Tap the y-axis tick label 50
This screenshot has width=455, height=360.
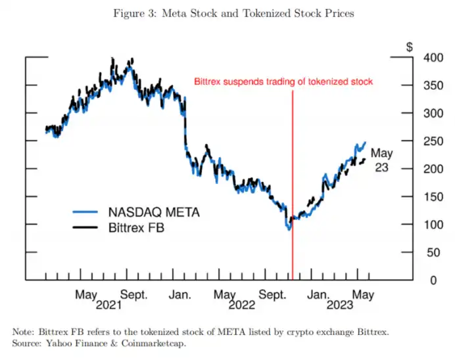432,253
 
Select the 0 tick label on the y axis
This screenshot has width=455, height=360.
435,281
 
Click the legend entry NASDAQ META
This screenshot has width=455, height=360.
153,212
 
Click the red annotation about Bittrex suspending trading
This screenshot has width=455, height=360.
283,82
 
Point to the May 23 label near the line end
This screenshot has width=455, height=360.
381,160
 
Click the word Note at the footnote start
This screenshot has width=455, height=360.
24,332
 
